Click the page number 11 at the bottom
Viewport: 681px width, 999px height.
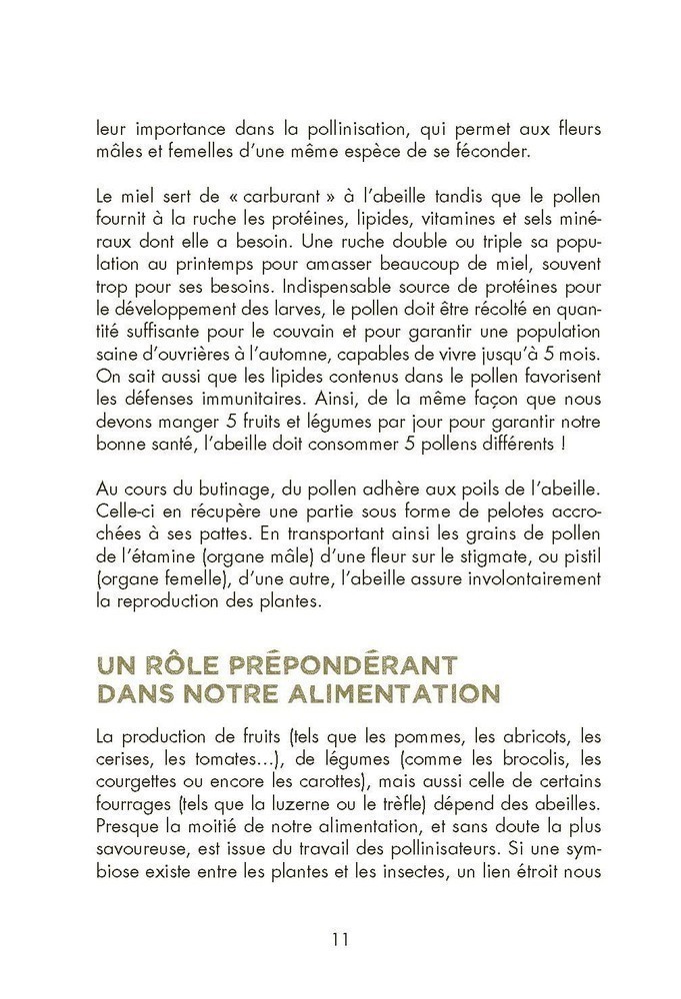pyautogui.click(x=340, y=939)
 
